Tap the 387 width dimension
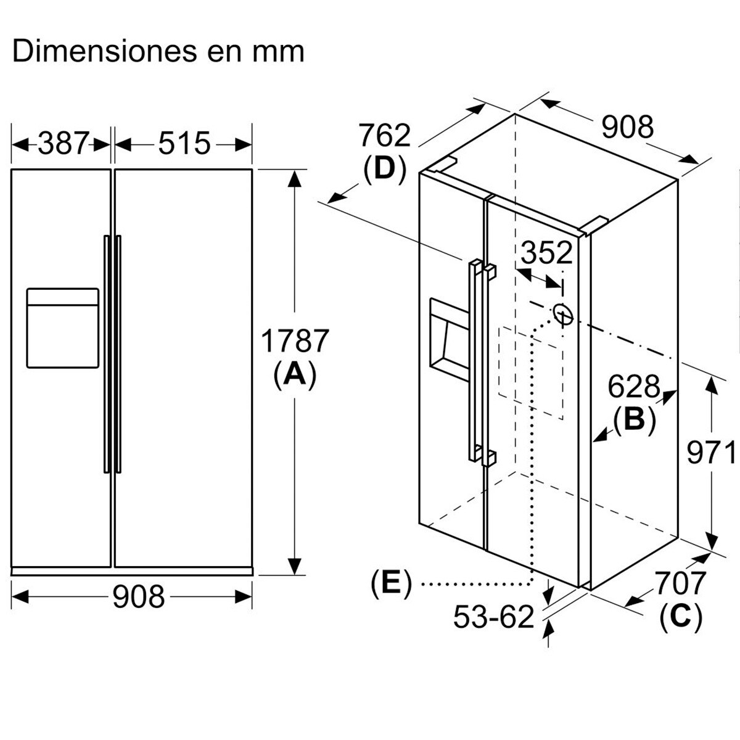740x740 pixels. click(x=64, y=143)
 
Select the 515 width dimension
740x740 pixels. click(x=184, y=143)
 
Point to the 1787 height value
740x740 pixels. click(x=295, y=340)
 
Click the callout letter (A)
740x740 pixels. click(x=295, y=375)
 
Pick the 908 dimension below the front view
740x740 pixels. click(x=139, y=596)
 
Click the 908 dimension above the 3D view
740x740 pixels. click(x=627, y=127)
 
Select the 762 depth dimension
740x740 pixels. click(x=385, y=135)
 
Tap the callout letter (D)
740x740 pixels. click(x=384, y=170)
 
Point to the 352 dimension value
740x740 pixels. click(x=546, y=252)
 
